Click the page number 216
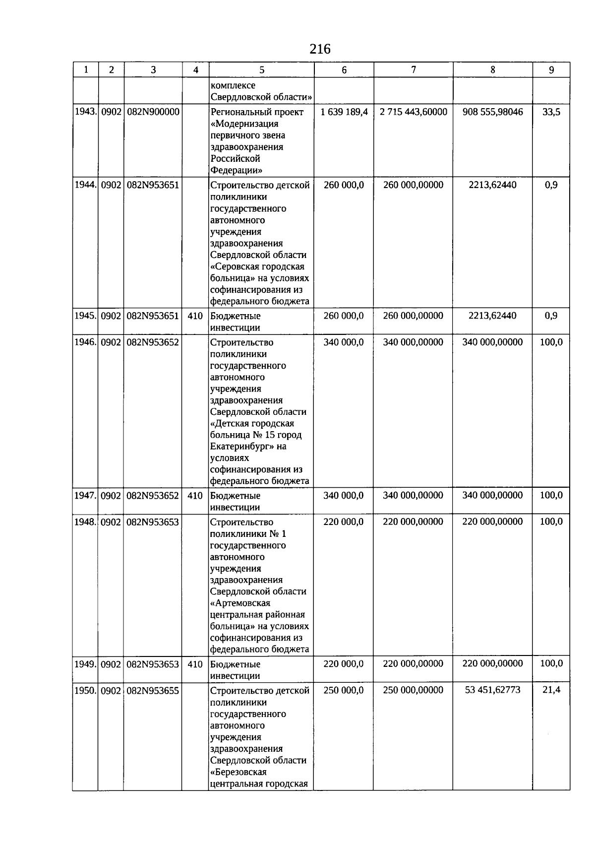point(320,49)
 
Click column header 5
point(262,70)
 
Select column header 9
point(551,70)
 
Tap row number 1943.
point(85,112)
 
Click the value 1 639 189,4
point(344,112)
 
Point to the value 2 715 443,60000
point(413,112)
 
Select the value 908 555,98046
point(492,112)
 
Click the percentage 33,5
point(551,112)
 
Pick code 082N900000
point(153,112)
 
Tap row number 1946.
point(85,342)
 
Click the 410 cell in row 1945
point(195,316)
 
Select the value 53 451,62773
point(492,690)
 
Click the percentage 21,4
point(551,690)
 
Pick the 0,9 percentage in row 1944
point(551,185)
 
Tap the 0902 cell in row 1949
point(111,664)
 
